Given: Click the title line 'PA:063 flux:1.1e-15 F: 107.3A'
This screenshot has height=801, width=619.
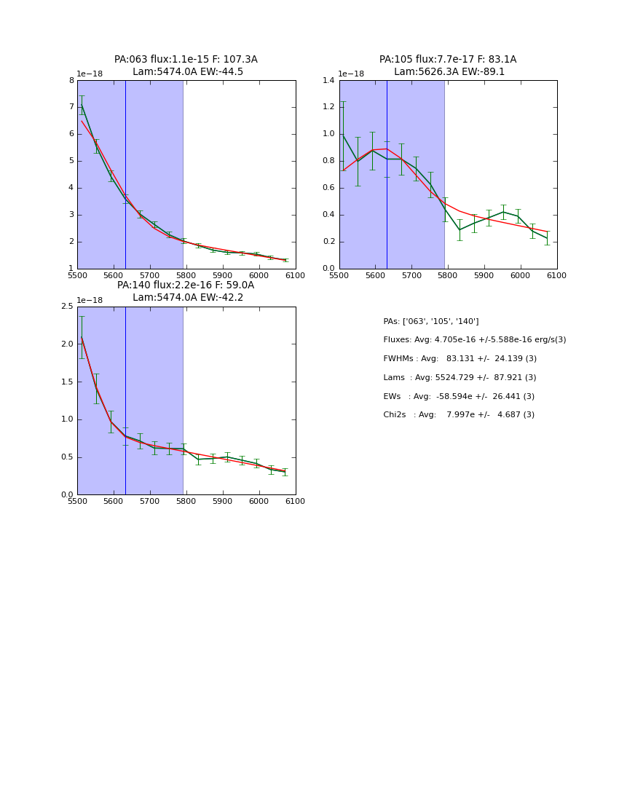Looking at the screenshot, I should [186, 60].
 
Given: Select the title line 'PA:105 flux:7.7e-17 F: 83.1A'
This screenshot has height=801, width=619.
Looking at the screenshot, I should [448, 60].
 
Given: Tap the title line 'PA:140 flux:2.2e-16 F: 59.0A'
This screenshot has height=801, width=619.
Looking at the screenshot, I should [186, 285].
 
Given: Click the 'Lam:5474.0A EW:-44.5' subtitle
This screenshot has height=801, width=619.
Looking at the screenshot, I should [188, 72].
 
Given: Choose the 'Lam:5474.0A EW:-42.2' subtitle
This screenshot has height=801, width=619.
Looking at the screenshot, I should [188, 298].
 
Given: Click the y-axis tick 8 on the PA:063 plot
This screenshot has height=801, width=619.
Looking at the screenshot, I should [71, 81].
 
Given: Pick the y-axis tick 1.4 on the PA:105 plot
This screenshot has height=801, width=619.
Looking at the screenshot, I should [329, 81].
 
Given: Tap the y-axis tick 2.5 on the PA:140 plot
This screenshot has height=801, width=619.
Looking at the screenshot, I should [68, 307].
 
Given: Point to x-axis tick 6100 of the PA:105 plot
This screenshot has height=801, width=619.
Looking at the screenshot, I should [557, 276].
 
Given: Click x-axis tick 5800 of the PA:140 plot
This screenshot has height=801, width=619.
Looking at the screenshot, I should [186, 502].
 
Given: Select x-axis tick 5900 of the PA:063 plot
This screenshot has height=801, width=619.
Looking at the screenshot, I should [223, 276].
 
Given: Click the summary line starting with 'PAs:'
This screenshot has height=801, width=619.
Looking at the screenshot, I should [431, 322].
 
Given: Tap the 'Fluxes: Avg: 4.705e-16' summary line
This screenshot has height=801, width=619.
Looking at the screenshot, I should [475, 340].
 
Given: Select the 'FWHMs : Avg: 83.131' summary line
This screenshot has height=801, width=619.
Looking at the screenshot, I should [460, 359].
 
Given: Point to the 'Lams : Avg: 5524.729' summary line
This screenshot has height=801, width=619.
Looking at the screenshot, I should [460, 378].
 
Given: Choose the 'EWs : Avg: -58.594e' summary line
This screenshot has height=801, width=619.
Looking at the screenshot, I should [459, 397].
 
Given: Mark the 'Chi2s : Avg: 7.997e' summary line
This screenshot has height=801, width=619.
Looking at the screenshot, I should [459, 415].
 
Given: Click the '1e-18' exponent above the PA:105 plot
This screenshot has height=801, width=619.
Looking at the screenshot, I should [351, 74].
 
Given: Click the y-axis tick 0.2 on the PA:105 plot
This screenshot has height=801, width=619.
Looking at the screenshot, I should [329, 242].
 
